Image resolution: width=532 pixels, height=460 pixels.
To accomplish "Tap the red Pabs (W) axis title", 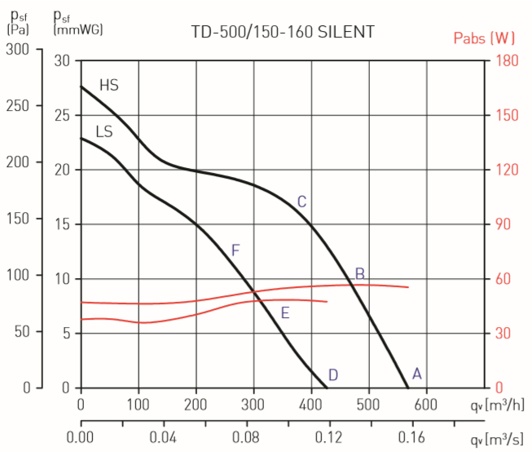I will [484, 38].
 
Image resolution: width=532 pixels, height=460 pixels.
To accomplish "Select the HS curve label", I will [109, 85].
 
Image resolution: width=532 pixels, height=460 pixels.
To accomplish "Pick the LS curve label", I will [104, 131].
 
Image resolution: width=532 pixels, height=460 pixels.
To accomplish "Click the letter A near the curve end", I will [417, 374].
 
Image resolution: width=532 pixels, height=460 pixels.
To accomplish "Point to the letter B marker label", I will [359, 273].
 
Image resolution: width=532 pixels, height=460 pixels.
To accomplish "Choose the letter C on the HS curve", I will [301, 201].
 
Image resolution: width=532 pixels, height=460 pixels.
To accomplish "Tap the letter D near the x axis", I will [332, 375].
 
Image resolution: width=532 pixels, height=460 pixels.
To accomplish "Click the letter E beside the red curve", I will [285, 312].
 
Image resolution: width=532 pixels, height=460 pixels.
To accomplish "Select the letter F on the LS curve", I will [235, 250].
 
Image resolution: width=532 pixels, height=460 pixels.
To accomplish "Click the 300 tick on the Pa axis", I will [17, 50].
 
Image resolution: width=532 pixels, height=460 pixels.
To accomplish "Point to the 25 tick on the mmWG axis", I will [62, 116].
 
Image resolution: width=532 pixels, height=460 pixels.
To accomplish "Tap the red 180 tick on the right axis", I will [506, 60].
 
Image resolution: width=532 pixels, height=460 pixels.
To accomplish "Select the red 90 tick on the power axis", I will [506, 224].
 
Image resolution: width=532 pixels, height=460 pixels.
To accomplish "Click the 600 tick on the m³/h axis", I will [427, 404].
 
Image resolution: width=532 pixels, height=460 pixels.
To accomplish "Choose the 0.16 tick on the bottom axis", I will [413, 439].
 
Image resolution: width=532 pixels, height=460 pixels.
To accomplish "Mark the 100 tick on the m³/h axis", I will [138, 404].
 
